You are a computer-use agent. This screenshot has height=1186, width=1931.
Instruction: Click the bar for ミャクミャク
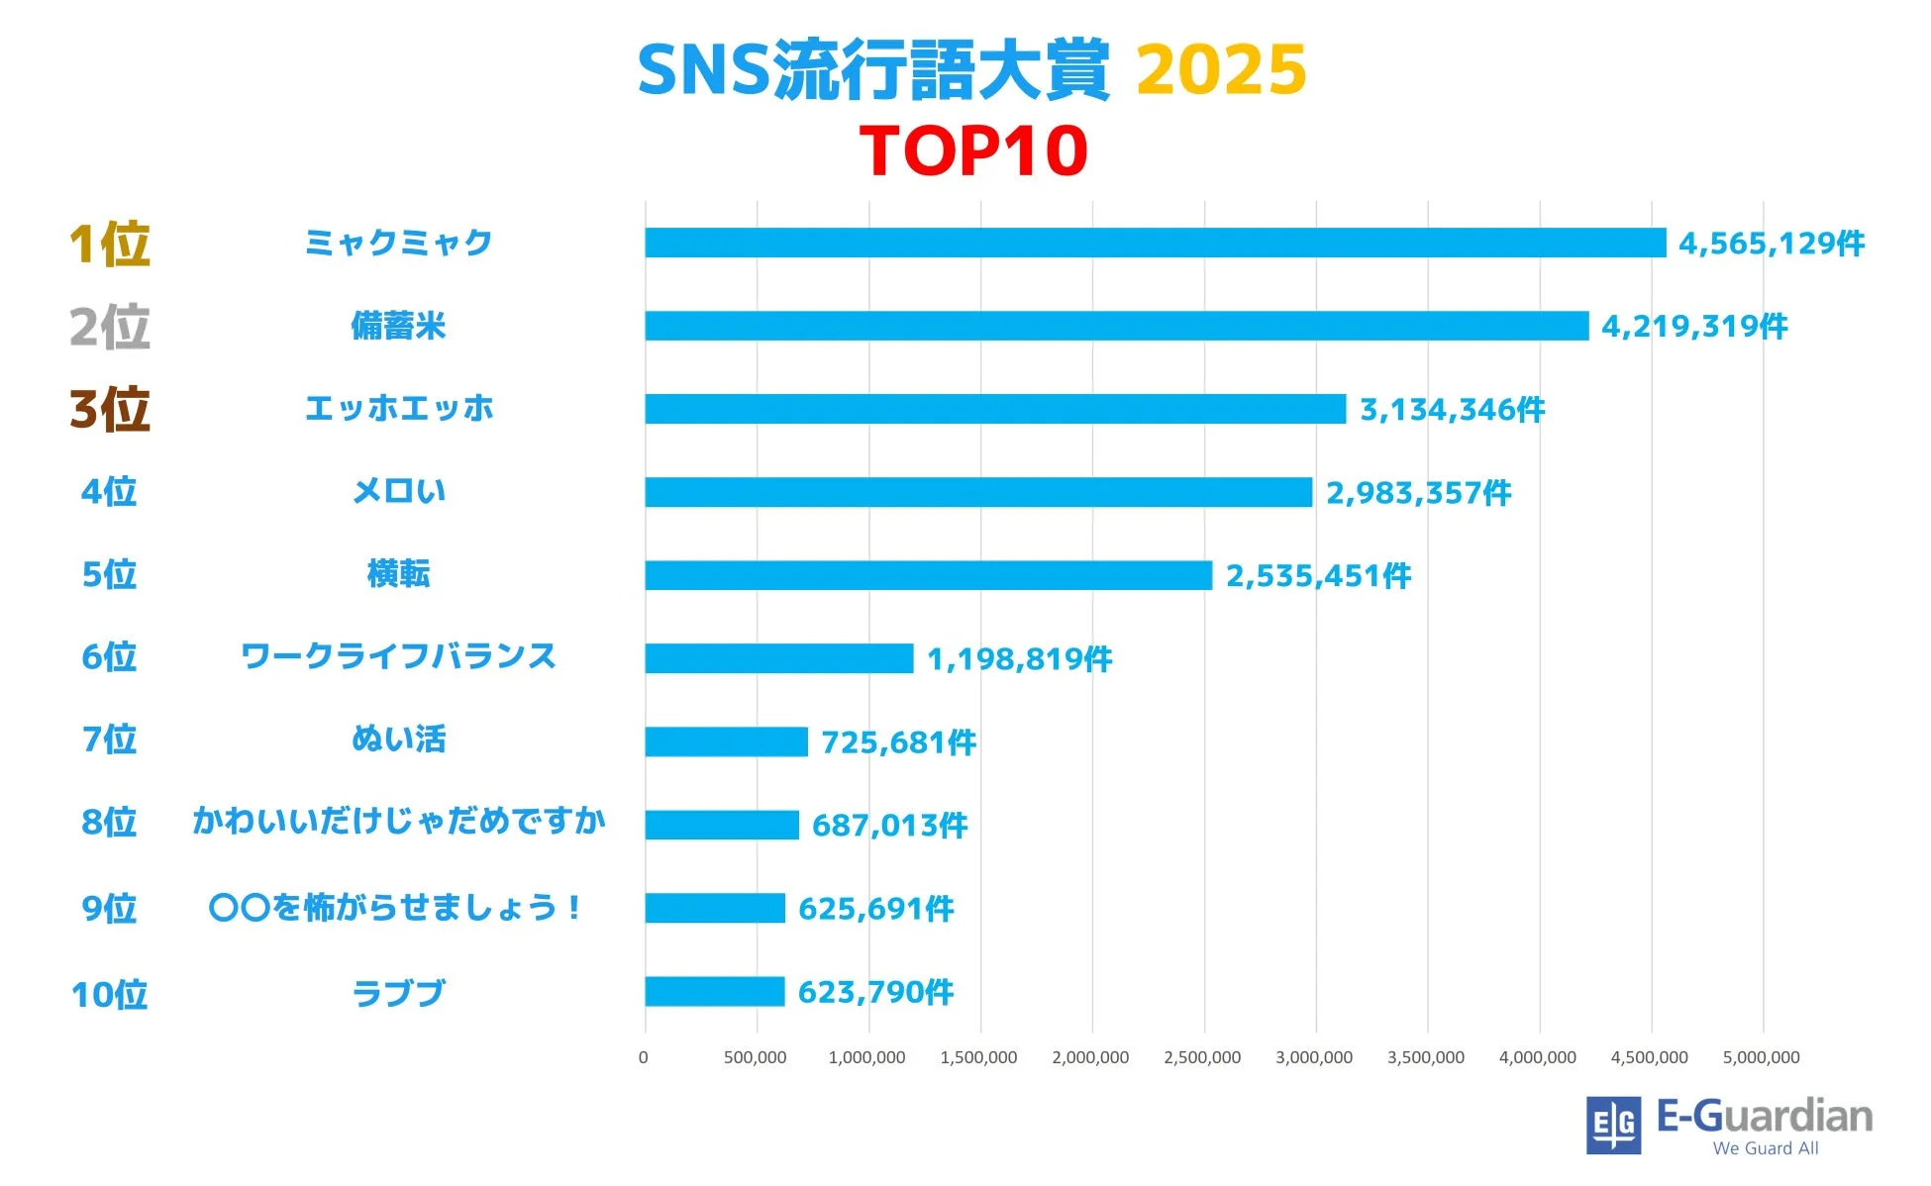tap(1155, 243)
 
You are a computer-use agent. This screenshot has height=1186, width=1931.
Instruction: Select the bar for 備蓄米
tap(1116, 326)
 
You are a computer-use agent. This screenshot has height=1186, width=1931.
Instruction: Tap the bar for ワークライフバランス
tap(778, 658)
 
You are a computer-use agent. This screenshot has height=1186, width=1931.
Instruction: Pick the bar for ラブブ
tap(714, 991)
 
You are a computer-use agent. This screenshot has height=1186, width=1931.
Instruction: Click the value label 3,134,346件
tap(1452, 409)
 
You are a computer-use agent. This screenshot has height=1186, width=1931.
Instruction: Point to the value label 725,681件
tap(898, 741)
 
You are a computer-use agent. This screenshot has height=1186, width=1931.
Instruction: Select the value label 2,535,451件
tap(1318, 575)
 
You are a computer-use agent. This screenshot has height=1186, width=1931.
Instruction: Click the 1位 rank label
tap(109, 244)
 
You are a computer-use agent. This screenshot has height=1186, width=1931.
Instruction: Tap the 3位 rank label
tap(109, 409)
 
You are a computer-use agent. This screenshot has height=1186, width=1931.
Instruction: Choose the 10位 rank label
tap(109, 994)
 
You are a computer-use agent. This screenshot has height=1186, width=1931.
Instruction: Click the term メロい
tap(399, 491)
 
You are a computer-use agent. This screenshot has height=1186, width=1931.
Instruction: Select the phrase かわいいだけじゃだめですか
tap(399, 821)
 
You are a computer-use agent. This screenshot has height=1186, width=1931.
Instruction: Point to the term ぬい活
tap(399, 739)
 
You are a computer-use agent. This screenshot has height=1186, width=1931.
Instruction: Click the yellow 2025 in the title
tap(1220, 70)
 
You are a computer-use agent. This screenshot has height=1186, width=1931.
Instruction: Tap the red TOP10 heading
tap(973, 150)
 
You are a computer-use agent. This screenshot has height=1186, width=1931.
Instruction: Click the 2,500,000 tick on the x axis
tap(1201, 1057)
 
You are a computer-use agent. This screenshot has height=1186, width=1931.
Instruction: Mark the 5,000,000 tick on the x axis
tap(1761, 1057)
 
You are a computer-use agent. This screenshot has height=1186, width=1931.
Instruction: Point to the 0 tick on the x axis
tap(644, 1057)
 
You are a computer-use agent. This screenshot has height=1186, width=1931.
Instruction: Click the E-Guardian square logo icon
tap(1613, 1125)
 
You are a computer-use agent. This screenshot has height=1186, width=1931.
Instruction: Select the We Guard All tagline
tap(1765, 1148)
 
